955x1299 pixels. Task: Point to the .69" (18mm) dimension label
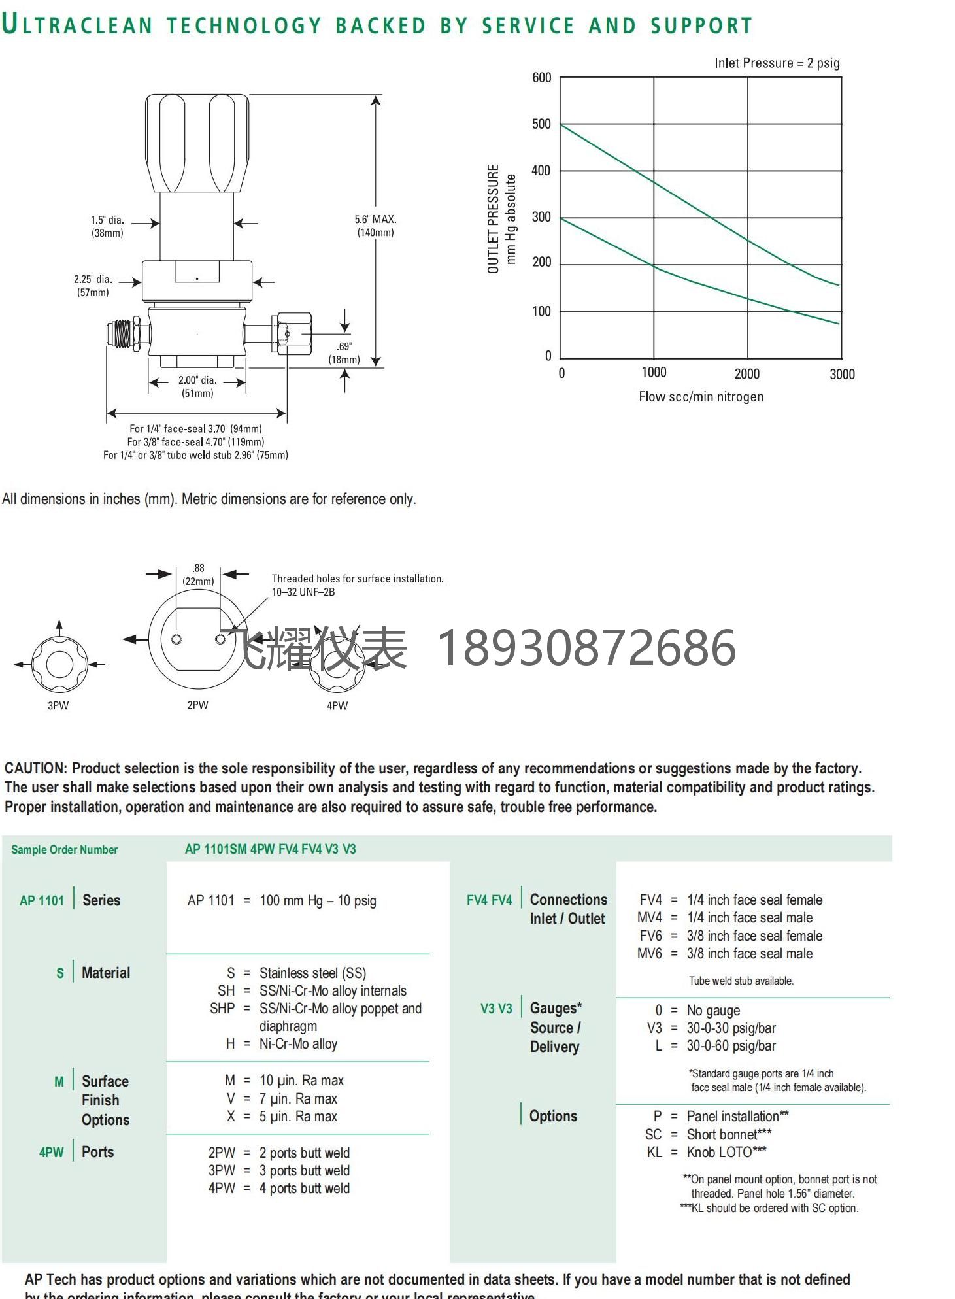coord(344,353)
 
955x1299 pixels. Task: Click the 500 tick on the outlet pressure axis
coord(541,124)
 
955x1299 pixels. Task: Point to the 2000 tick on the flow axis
coord(746,374)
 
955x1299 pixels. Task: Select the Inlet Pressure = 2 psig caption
coord(777,63)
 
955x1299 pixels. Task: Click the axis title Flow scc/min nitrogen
coord(701,397)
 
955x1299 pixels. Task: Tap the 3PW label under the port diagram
coord(58,705)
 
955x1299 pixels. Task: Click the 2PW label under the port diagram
coord(197,705)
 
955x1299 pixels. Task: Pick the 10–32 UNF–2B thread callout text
coord(303,592)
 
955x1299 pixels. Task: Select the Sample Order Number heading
coord(64,850)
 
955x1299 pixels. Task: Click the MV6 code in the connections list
coord(650,954)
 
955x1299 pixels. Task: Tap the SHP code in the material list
coord(222,1009)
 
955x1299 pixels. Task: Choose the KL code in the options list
coord(654,1153)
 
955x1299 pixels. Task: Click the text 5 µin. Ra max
coord(298,1117)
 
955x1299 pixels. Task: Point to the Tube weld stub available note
coord(741,981)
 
